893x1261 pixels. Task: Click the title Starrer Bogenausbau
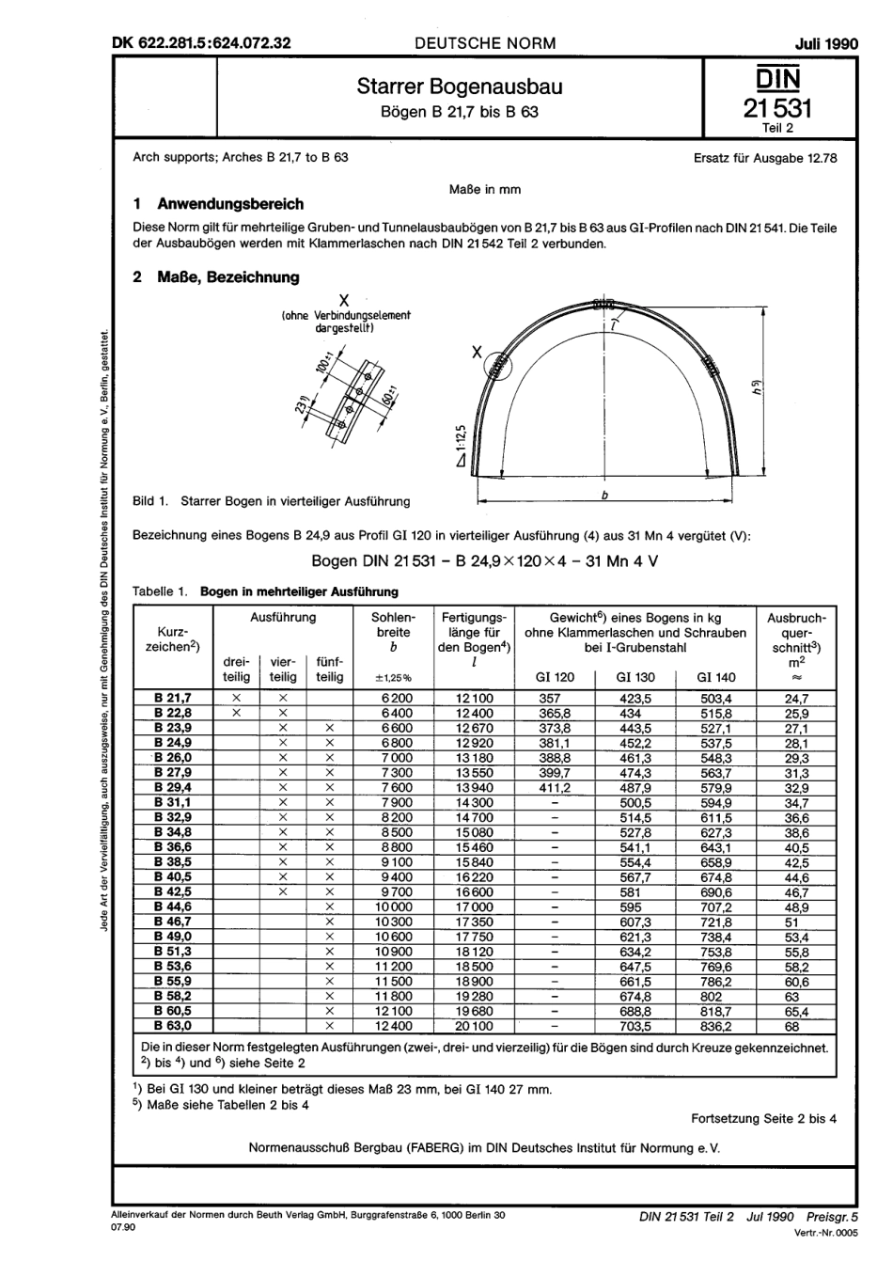tap(460, 87)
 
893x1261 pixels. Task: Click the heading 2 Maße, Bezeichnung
tap(216, 277)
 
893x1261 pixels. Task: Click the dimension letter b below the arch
tap(605, 494)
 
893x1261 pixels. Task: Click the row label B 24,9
tap(173, 743)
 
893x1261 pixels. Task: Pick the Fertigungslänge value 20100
tap(474, 1027)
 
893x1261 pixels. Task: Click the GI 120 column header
tap(554, 677)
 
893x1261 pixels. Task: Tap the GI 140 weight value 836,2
tap(715, 1027)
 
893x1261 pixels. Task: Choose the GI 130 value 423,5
tap(634, 699)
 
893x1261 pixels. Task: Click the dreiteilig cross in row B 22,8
tap(236, 714)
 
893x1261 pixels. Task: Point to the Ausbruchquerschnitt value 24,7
tap(796, 699)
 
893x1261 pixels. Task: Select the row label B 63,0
tap(173, 1027)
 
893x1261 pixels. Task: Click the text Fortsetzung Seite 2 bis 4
tap(763, 1118)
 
